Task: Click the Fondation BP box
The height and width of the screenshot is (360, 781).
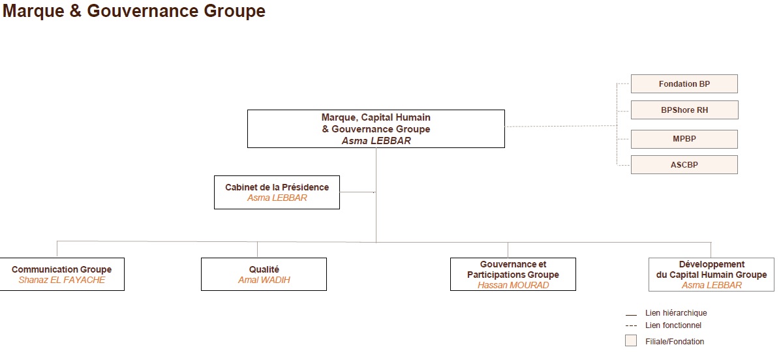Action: point(684,83)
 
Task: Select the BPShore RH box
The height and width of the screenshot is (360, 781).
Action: point(684,110)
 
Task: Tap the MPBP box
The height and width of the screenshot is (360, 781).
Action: point(684,139)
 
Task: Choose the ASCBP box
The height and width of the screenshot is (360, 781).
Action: point(684,164)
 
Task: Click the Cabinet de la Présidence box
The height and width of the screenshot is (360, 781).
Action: point(277,192)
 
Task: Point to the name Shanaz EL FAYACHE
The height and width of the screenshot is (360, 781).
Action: point(62,280)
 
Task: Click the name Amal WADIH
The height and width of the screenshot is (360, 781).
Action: point(264,280)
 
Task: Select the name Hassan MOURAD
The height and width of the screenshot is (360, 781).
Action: point(513,285)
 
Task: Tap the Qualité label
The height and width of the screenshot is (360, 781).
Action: point(264,269)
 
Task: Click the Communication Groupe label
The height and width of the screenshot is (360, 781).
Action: point(62,269)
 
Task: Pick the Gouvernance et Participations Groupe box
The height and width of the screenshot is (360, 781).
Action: point(513,274)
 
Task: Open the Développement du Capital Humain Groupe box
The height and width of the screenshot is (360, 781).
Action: point(711,275)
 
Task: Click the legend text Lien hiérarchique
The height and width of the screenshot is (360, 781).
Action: point(676,313)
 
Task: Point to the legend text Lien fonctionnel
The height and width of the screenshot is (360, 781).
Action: point(673,325)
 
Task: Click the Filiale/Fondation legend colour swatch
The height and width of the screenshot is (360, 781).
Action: point(631,341)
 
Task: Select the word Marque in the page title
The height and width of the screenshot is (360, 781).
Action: point(32,11)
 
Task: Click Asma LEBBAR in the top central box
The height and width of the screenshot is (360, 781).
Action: point(376,140)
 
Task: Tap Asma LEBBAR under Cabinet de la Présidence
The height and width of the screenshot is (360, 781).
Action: point(277,198)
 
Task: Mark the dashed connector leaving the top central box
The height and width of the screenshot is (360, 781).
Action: point(561,127)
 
